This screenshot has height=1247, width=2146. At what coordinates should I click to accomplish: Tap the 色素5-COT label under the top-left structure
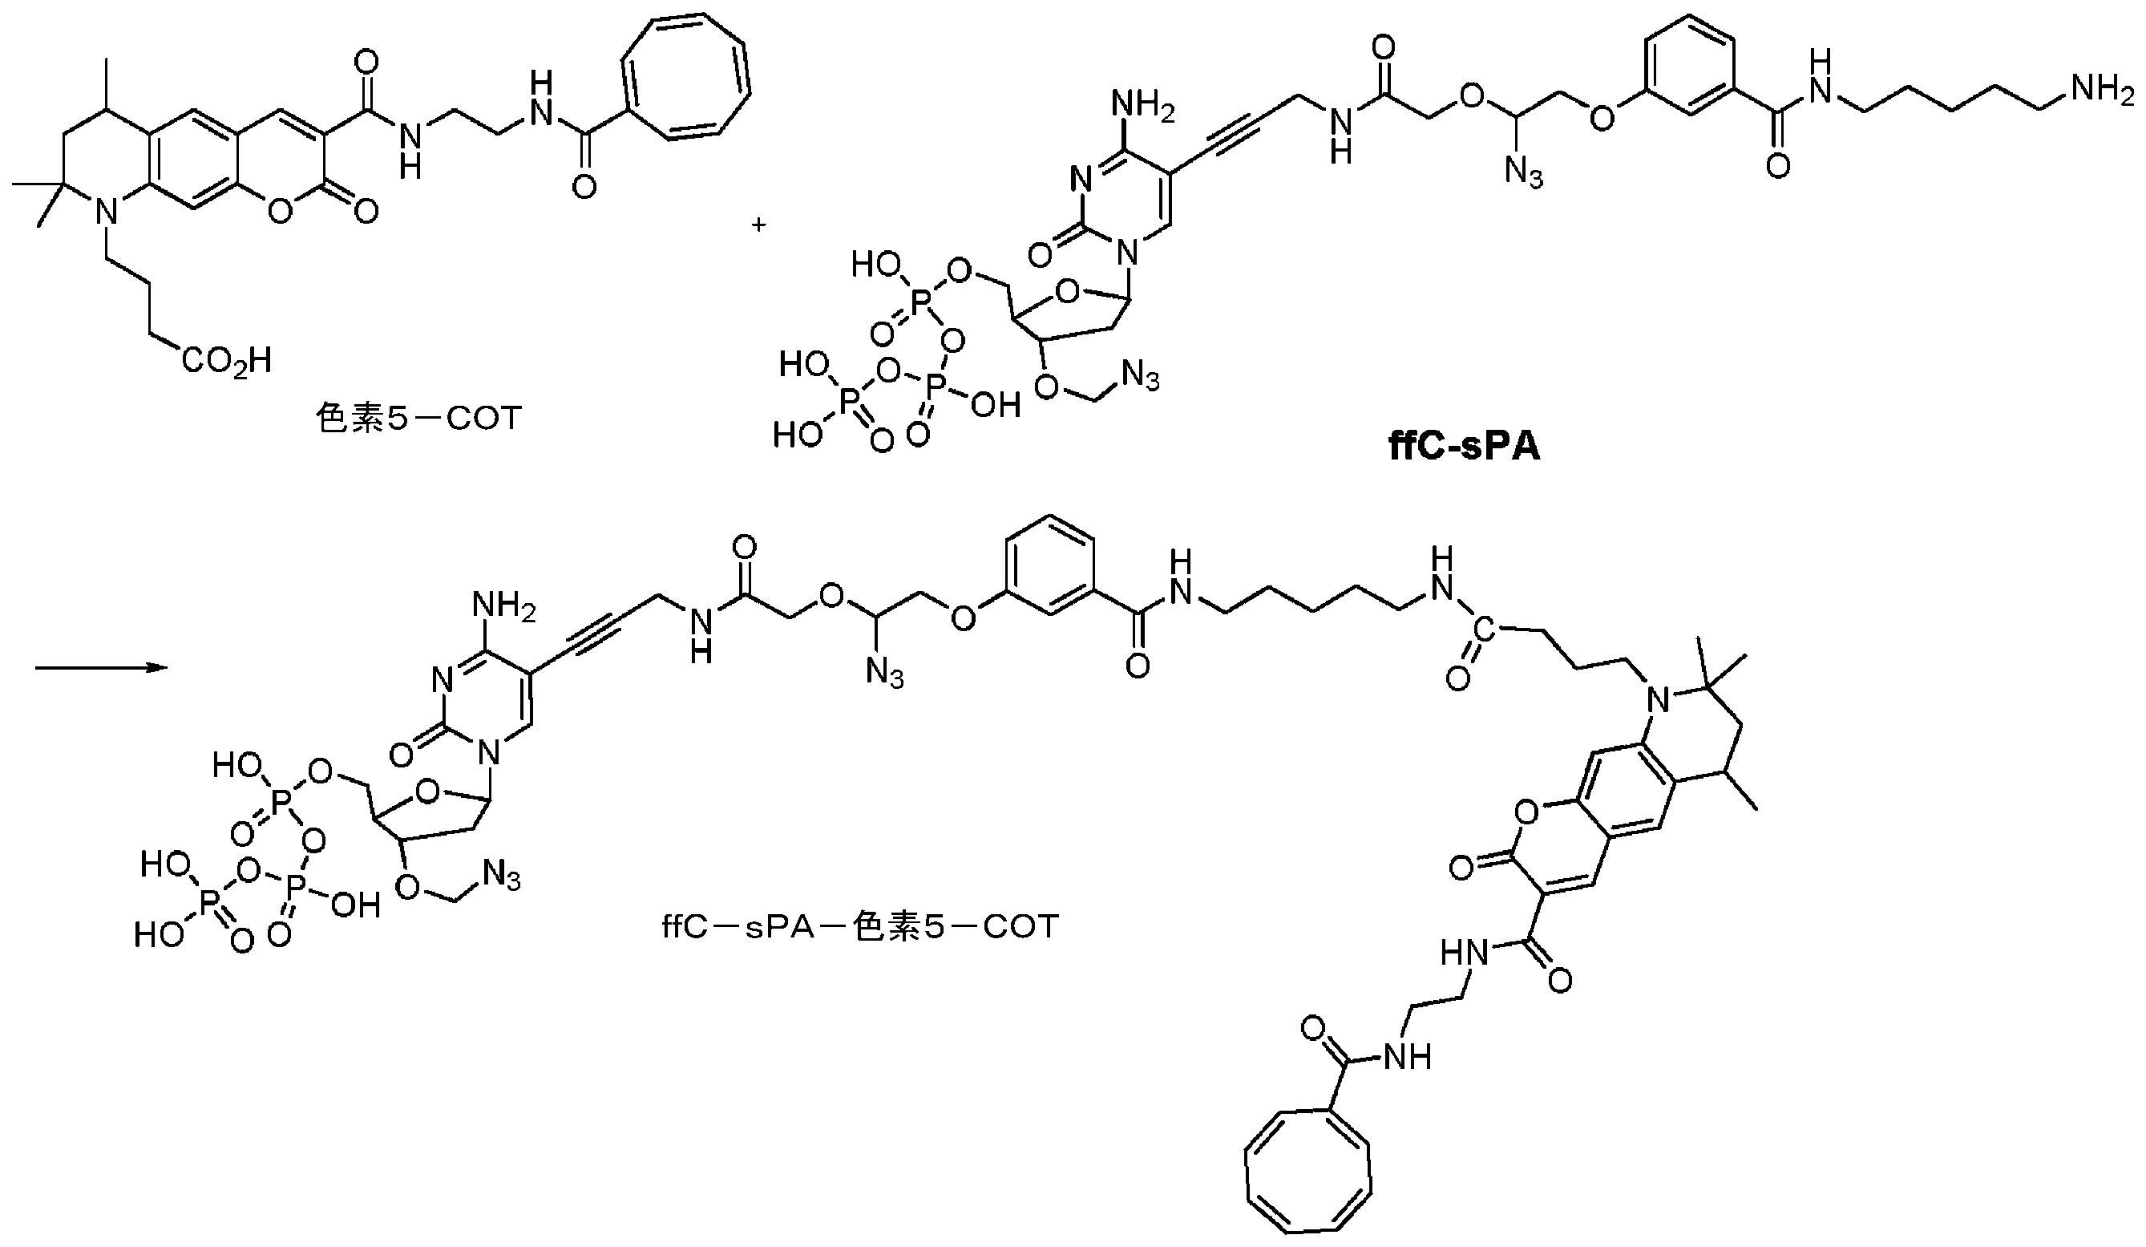tap(418, 419)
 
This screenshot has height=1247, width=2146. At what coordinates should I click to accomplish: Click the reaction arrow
tap(99, 669)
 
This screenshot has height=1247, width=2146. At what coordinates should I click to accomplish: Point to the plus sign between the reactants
tap(758, 225)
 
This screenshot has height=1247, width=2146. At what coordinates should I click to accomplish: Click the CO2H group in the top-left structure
tap(226, 362)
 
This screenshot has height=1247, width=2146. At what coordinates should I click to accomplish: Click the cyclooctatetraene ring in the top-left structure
tap(686, 77)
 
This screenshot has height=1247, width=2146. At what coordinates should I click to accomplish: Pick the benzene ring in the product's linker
tap(1049, 565)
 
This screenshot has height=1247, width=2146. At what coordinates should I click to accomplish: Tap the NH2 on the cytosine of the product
tap(503, 606)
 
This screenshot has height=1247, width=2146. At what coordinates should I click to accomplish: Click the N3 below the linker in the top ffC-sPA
tap(1525, 174)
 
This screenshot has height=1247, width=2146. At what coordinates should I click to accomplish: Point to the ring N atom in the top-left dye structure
tap(104, 209)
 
